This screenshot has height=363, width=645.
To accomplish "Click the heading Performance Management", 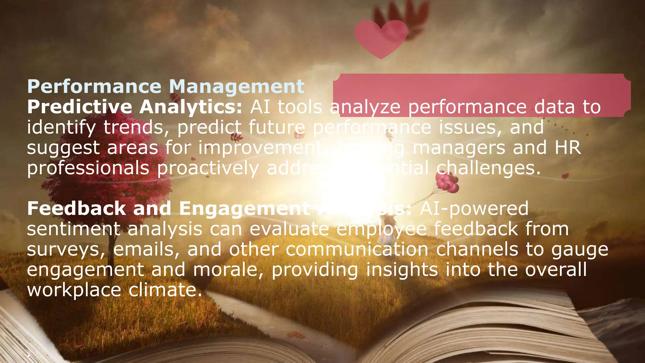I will point(166,86).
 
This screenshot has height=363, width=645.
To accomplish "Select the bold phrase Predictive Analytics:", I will point(134,107).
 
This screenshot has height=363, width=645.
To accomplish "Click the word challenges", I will point(488,168).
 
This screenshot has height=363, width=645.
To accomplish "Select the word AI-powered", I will point(474,209).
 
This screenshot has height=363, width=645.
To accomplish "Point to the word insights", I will point(402,270).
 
